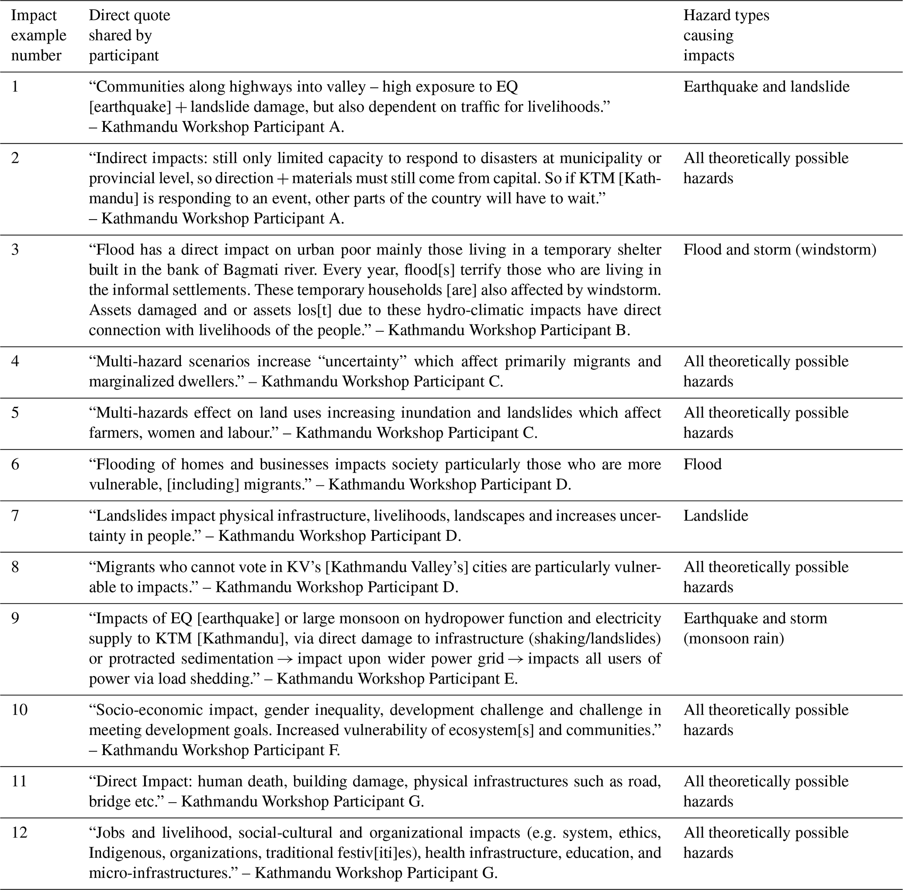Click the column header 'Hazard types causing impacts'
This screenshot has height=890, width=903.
(726, 35)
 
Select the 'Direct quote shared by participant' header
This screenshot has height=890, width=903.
(129, 35)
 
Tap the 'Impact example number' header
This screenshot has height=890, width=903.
(38, 35)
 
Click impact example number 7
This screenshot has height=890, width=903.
(15, 515)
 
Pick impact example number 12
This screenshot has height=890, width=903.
(19, 832)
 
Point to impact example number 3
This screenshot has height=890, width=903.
(15, 250)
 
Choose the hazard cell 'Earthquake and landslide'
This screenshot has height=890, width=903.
(766, 87)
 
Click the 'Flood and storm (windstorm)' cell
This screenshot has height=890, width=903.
(780, 250)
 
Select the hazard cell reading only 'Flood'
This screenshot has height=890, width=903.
(702, 464)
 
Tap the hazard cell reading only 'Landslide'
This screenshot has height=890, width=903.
(716, 515)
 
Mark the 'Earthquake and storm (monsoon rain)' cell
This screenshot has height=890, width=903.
(755, 628)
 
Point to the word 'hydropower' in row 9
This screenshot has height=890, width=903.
(462, 619)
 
